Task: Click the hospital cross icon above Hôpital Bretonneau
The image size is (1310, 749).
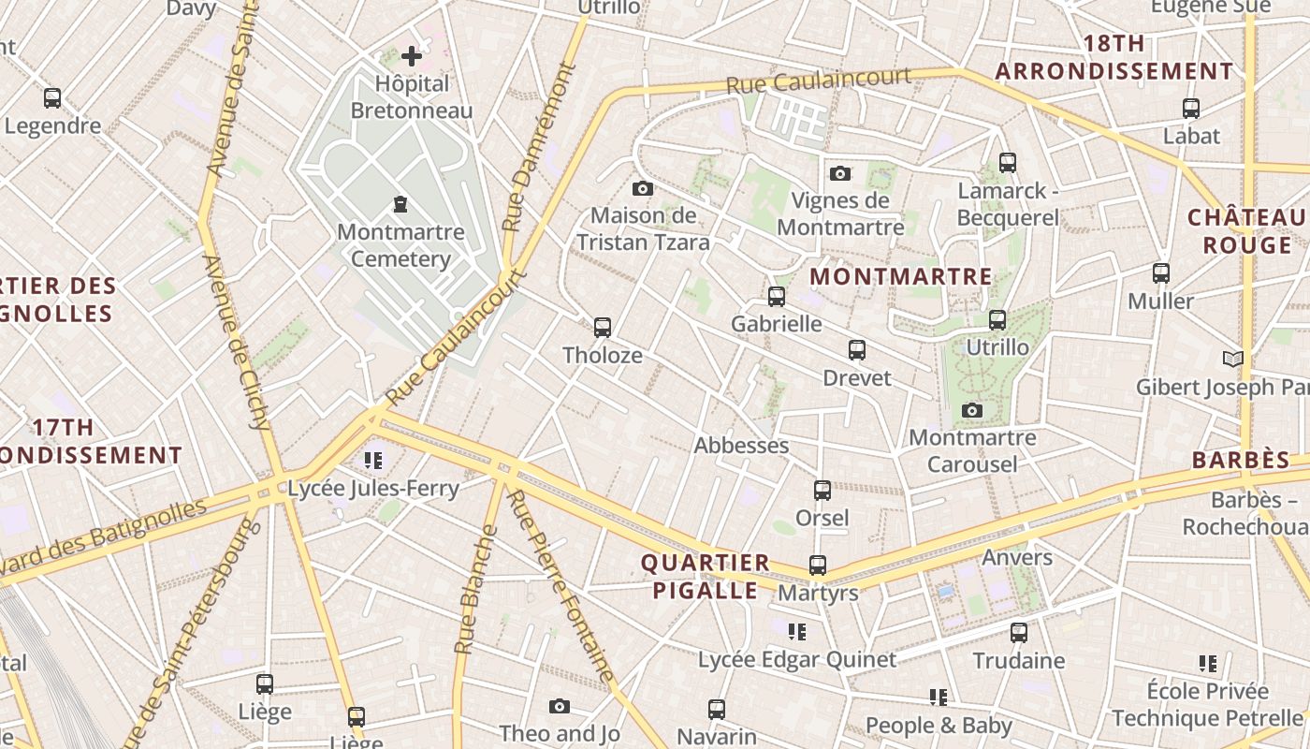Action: coord(412,56)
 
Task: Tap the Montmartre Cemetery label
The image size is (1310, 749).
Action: coord(400,245)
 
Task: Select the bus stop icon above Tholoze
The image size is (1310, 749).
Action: coord(603,328)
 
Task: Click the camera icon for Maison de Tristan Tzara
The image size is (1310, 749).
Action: coord(642,189)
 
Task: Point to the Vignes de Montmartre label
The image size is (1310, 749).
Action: coord(840,213)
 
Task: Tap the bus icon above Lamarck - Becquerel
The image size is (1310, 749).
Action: coord(1008,163)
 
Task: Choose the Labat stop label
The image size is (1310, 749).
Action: coord(1191,136)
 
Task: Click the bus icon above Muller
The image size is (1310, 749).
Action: coord(1161,273)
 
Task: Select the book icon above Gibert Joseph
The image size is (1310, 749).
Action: coord(1233,360)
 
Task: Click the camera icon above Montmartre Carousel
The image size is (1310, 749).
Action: coord(972,410)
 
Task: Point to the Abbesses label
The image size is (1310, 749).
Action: coord(741,446)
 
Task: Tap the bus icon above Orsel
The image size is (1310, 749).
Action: coord(822,491)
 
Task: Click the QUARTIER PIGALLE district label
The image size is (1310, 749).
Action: coord(705,577)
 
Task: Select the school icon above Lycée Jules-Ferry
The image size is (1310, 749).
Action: coord(373,461)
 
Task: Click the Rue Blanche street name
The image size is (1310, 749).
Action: coord(475,590)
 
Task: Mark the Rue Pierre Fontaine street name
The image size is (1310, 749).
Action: coord(561,586)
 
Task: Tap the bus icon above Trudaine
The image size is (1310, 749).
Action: coord(1019,633)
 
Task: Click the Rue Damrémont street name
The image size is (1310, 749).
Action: coord(537,148)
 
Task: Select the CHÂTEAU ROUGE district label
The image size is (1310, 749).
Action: coord(1247,231)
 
